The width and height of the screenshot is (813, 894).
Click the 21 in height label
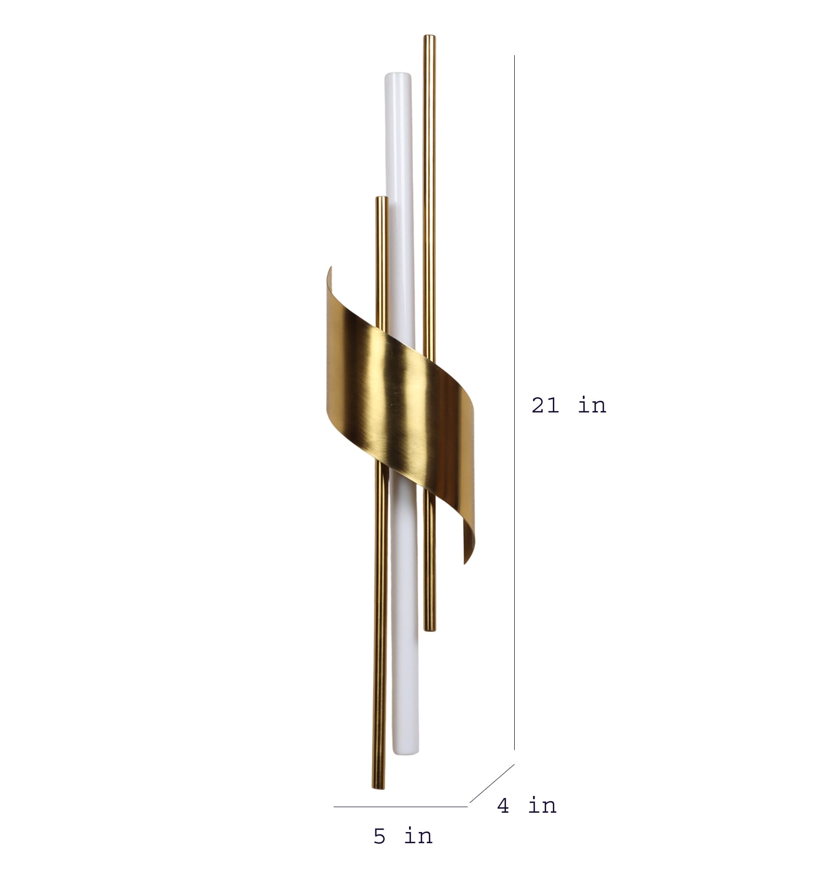[x=569, y=405]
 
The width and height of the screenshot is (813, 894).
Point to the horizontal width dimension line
[x=400, y=806]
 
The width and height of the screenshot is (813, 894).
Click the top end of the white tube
[x=397, y=74]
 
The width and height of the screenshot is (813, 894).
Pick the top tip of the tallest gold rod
[x=429, y=36]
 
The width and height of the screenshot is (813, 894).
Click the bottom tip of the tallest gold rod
[x=430, y=630]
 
